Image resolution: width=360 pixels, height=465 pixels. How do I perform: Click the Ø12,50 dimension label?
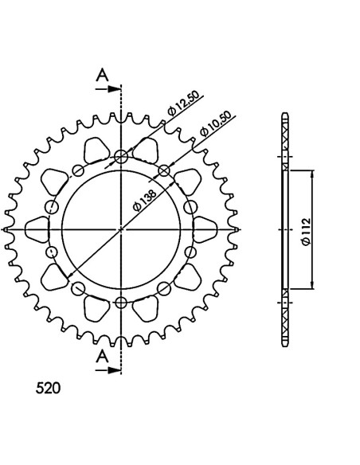tap(183, 103)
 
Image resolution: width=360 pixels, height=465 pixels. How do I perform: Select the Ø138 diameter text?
tap(144, 200)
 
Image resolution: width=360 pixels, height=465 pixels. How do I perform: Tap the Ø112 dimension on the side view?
tap(305, 232)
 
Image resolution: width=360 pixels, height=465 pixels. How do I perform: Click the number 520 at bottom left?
tap(48, 389)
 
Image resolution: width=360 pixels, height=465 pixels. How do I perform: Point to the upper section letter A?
tap(102, 75)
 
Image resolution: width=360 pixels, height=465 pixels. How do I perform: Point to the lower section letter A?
tap(102, 356)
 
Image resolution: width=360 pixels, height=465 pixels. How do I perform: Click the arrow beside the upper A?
tap(108, 89)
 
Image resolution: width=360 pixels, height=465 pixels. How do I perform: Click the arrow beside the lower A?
tap(108, 370)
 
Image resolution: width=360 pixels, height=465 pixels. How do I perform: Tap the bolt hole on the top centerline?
tap(121, 156)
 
